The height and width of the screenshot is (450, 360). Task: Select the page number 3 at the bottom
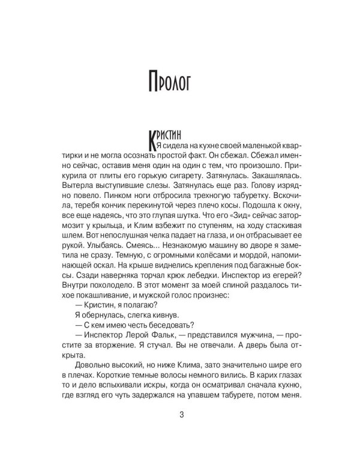point(180,415)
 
